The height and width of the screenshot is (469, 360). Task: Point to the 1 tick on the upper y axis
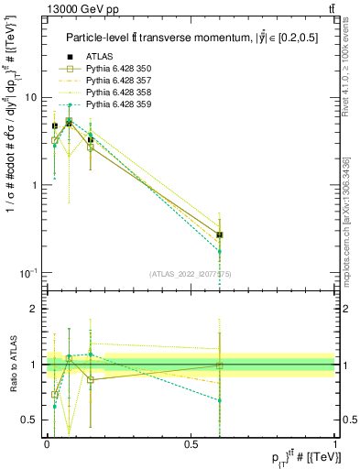coord(33,185)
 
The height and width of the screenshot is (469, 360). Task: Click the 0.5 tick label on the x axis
coord(191,443)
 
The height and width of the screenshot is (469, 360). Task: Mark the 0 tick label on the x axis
coord(47,443)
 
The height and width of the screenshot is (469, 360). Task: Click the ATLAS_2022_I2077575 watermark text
coord(191,274)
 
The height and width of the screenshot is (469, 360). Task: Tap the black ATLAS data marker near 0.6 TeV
coord(219,235)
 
